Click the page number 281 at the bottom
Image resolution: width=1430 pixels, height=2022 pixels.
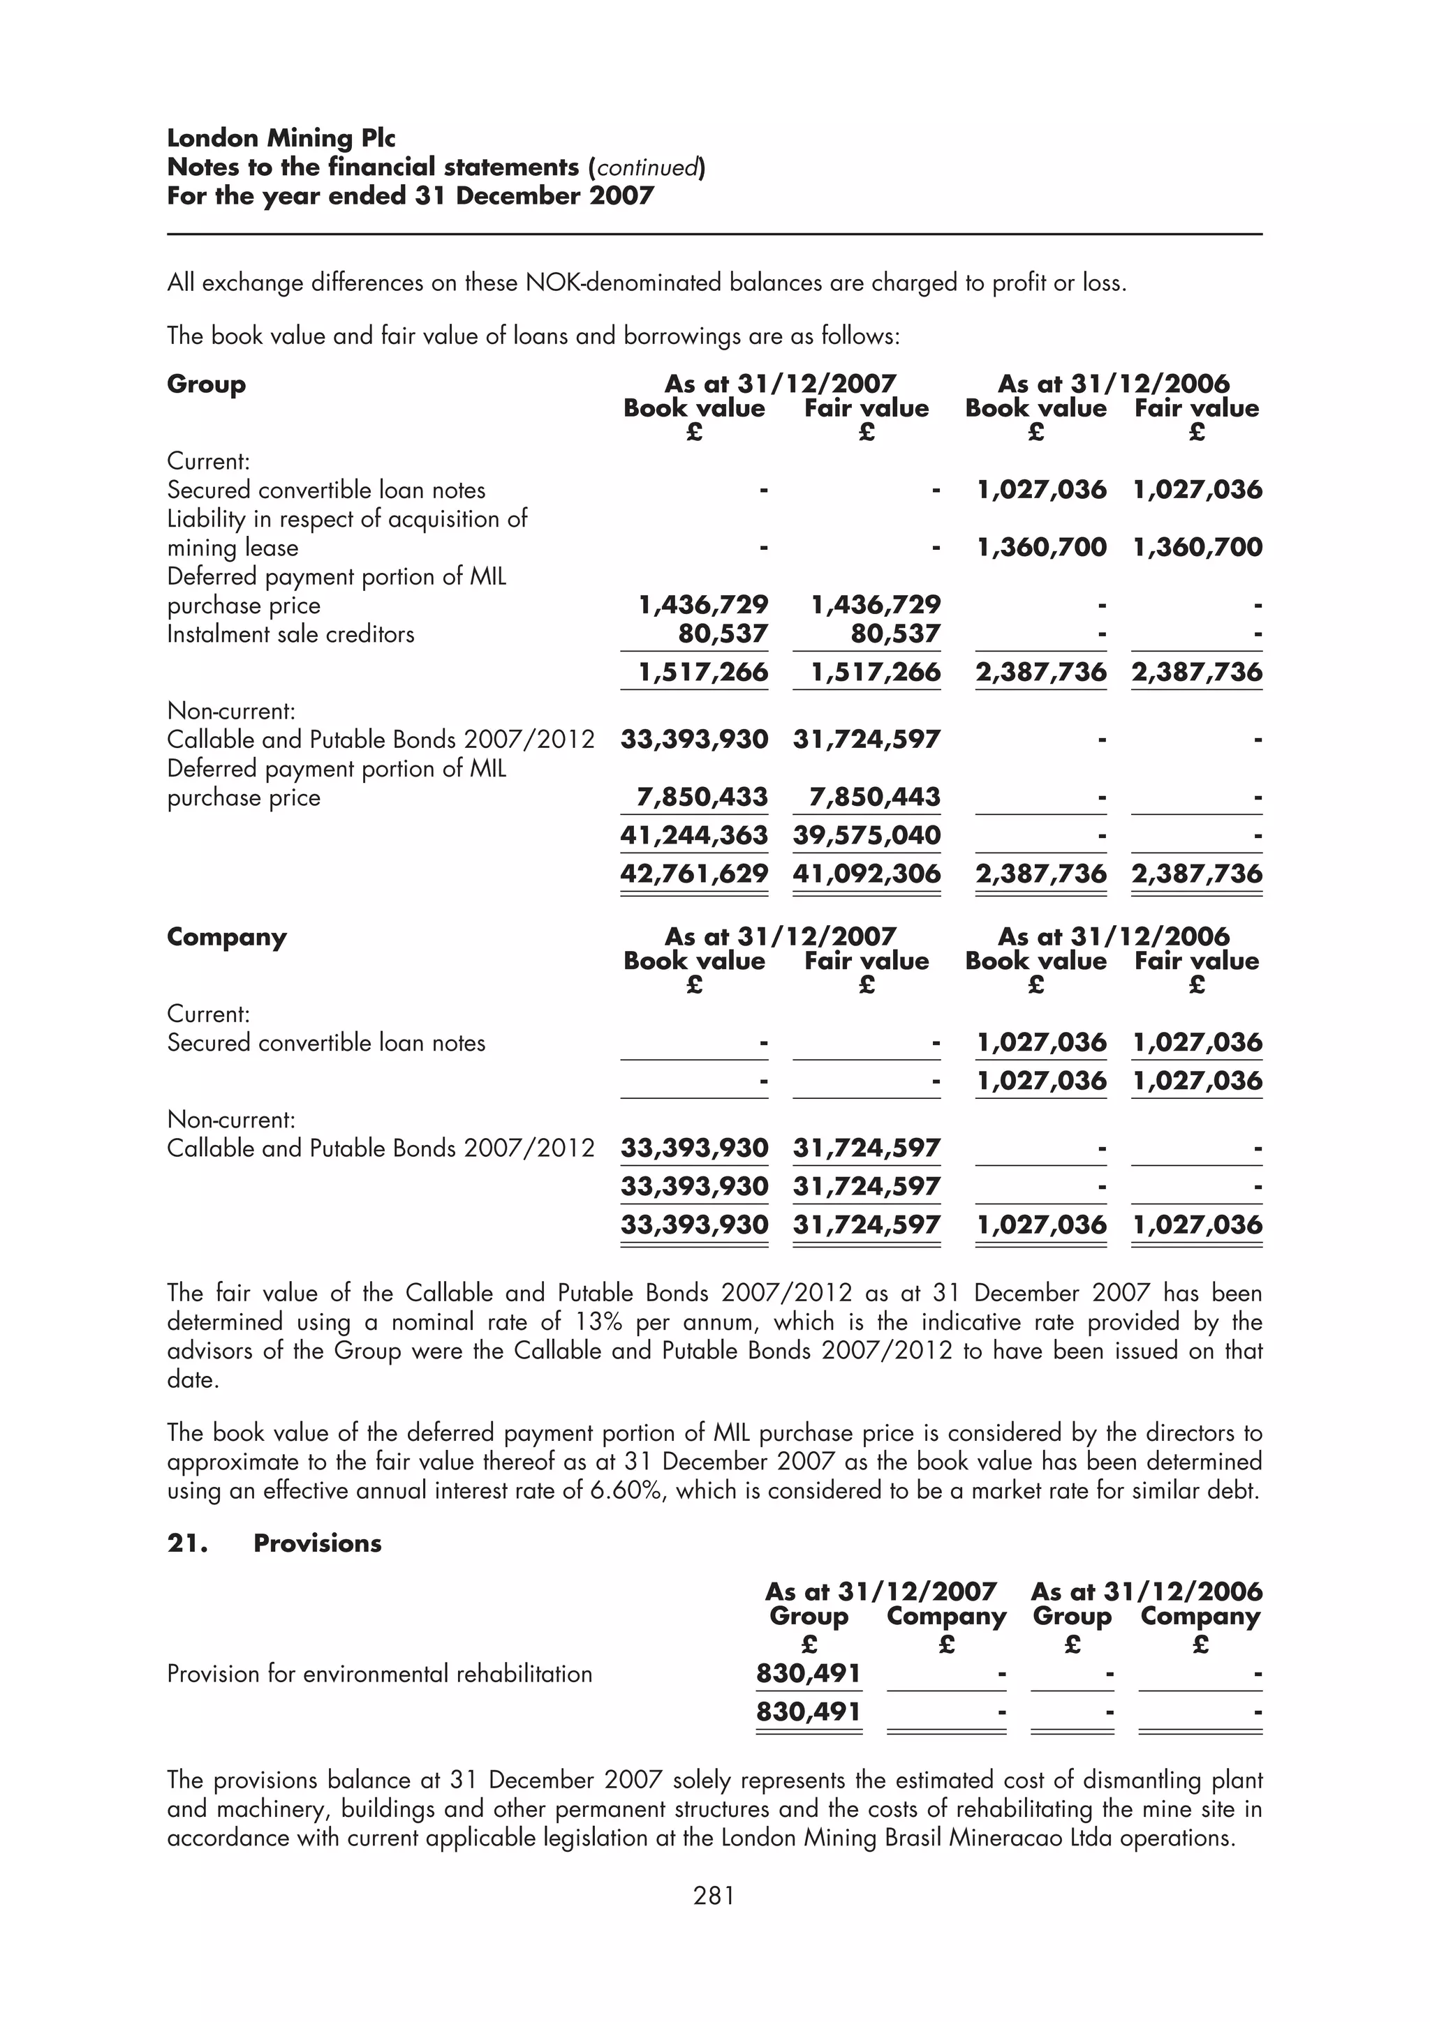(x=714, y=1895)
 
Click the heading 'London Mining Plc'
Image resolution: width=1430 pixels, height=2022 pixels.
(x=281, y=138)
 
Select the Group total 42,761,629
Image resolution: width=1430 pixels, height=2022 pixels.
(x=693, y=874)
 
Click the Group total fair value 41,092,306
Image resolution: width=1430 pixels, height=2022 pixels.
(x=866, y=874)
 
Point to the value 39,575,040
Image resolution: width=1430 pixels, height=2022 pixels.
(x=866, y=835)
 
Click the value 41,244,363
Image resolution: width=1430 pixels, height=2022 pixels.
(x=693, y=835)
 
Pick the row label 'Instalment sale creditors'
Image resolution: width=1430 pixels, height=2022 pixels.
(x=290, y=634)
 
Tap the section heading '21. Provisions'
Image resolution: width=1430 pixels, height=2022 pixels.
(x=274, y=1543)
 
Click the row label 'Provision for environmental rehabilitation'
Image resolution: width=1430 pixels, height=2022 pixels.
(x=380, y=1673)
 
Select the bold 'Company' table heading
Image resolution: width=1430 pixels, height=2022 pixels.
(x=226, y=937)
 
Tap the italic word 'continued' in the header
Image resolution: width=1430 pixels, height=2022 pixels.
(x=647, y=167)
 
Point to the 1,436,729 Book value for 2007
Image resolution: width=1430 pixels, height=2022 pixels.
(x=702, y=605)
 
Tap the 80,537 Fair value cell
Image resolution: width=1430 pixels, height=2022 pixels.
(x=895, y=634)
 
